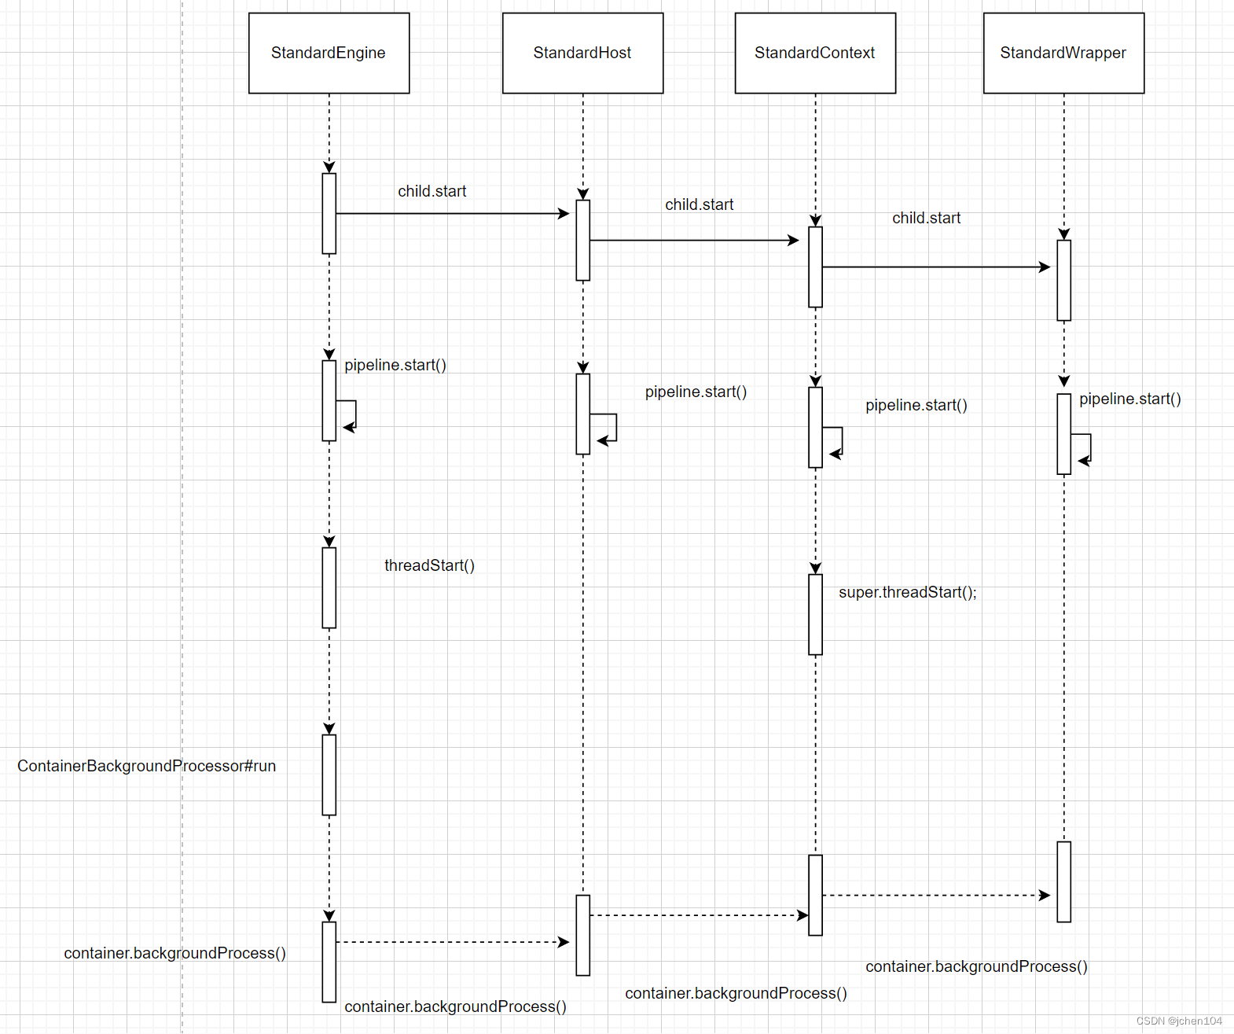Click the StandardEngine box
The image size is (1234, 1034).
click(x=329, y=53)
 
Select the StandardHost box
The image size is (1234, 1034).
click(x=582, y=53)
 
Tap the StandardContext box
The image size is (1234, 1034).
click(x=815, y=53)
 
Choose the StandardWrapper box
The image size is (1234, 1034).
click(x=1063, y=53)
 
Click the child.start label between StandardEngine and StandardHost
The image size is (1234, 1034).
click(x=432, y=191)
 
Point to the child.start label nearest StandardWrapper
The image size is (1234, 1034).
click(x=926, y=218)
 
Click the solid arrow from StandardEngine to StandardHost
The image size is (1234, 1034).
click(x=452, y=213)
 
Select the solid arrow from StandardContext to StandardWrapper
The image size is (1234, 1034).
click(x=935, y=267)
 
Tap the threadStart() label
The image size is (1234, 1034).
click(x=429, y=565)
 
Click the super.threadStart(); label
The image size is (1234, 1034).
click(x=907, y=592)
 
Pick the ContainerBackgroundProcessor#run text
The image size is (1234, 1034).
click(x=146, y=766)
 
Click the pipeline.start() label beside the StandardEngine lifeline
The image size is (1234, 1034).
click(x=395, y=365)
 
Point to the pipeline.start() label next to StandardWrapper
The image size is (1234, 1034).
click(x=1129, y=399)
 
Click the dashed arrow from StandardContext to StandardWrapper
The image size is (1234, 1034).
click(x=935, y=895)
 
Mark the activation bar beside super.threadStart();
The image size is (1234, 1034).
click(x=815, y=614)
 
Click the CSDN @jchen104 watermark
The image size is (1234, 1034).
click(x=1178, y=1021)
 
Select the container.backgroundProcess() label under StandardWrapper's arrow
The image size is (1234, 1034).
click(x=976, y=966)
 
